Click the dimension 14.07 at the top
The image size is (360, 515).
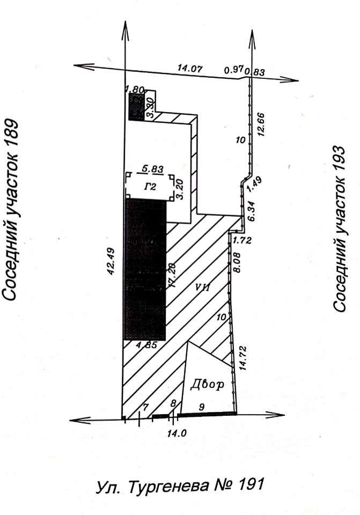[188, 68]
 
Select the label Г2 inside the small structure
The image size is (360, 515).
[150, 187]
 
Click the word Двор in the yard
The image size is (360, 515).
[205, 385]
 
